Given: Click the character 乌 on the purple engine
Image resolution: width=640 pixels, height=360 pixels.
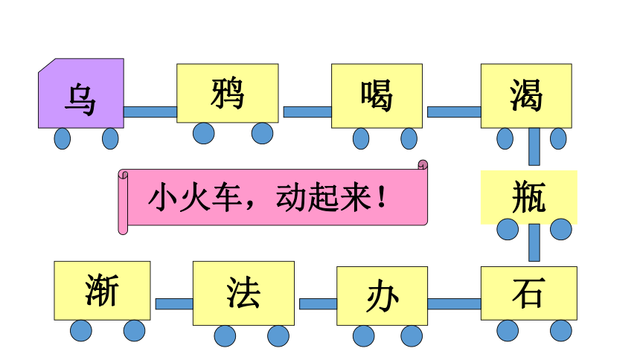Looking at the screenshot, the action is pos(80,99).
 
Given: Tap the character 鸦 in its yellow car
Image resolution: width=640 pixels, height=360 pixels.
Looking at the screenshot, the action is pos(227,94).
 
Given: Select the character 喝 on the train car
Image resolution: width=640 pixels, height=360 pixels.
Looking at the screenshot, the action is pos(377,95).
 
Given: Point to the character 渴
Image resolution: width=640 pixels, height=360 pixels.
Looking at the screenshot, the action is pos(526,95).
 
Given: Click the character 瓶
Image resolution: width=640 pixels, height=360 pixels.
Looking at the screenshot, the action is pos(529,197).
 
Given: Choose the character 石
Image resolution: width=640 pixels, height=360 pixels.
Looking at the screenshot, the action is pos(529,292).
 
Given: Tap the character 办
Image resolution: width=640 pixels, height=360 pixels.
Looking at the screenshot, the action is pos(382,296).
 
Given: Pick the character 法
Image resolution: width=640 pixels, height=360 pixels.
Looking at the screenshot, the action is pos(243,292).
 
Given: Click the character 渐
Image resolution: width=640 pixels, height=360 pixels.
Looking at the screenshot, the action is pos(102,290).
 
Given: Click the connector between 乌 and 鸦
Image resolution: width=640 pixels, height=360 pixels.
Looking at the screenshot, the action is pos(150,112).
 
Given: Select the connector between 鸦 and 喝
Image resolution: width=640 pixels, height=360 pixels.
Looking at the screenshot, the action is pos(307,112).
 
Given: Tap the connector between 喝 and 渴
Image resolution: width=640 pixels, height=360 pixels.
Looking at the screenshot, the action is pos(454,112).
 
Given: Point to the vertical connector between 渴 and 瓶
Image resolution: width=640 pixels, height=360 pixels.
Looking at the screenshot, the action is pos(534,147).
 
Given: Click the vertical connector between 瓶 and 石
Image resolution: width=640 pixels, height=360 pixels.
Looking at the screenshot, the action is pos(534,242).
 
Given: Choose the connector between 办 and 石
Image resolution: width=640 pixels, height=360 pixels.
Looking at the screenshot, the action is pos(454,303).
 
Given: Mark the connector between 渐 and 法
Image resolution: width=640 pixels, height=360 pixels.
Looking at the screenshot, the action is pos(174,303).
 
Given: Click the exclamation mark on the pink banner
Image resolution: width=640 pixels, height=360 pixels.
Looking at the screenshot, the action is pos(382,197).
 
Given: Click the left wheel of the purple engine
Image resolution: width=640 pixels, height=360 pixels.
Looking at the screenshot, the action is pos(63,138).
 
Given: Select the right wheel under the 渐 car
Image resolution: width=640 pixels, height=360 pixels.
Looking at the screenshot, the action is pos(134,330).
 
